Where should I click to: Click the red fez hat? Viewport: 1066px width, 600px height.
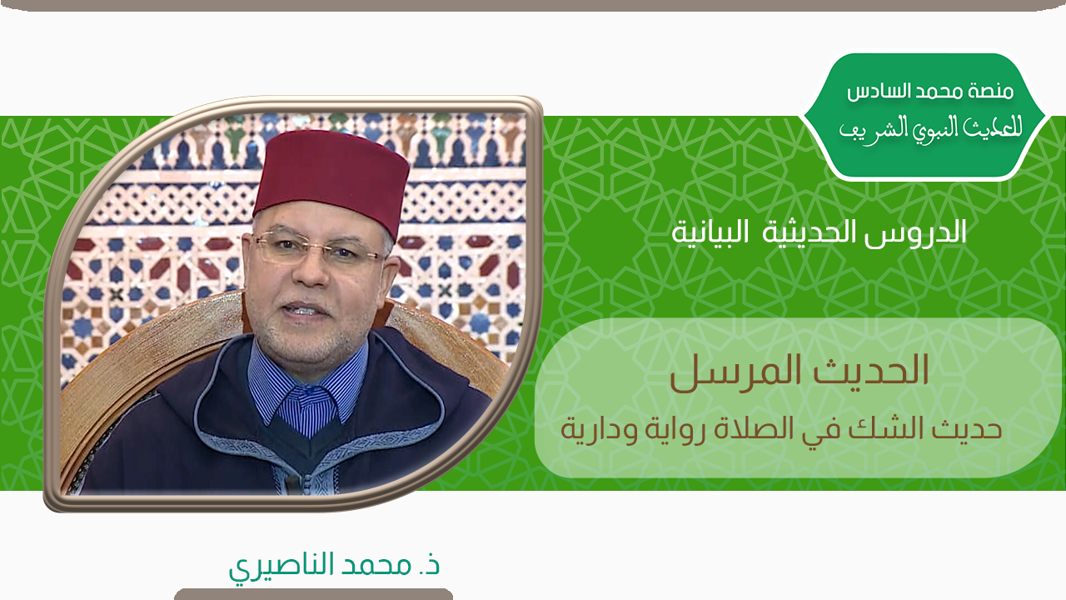click(331, 181)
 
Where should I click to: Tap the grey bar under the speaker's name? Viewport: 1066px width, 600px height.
click(314, 594)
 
